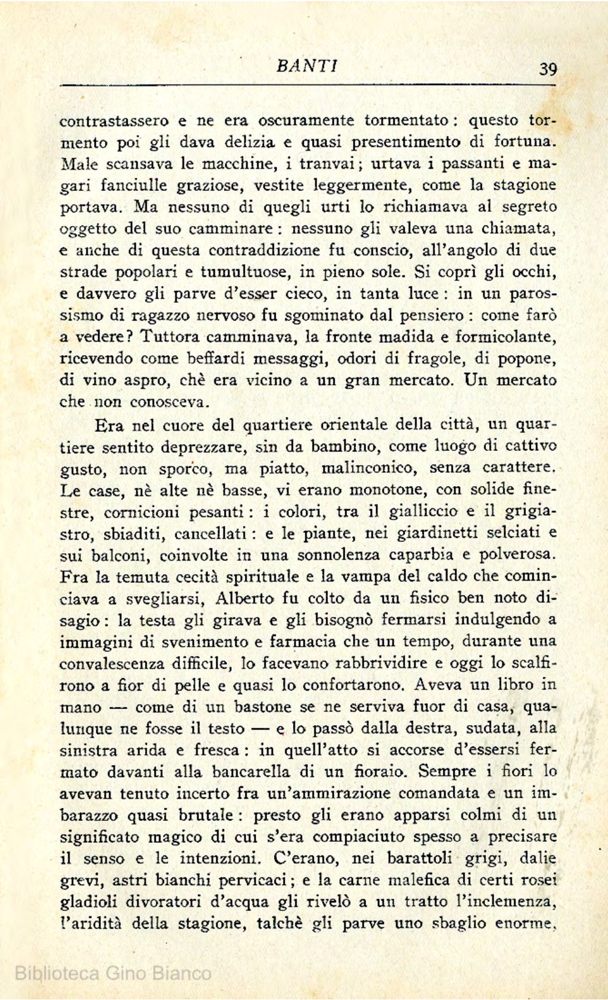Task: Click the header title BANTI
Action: tap(307, 65)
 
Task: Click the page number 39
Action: tap(547, 69)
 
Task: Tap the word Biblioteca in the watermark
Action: tap(56, 973)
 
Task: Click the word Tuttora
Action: tap(171, 337)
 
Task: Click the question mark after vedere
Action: tap(134, 337)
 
